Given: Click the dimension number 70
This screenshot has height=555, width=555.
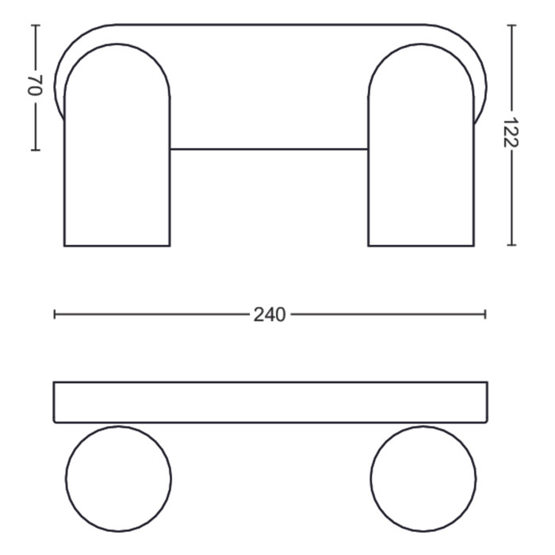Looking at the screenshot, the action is [35, 86].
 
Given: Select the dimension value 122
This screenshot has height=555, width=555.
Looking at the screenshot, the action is [511, 132].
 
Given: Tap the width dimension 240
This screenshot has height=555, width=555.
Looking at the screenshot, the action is [270, 315].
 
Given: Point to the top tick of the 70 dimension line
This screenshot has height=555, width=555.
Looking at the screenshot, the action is [36, 25].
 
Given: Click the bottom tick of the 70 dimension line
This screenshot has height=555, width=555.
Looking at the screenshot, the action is [36, 150].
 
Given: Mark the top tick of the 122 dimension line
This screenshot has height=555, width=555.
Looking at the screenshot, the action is [511, 25].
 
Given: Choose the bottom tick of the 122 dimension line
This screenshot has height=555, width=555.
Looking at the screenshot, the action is [511, 244].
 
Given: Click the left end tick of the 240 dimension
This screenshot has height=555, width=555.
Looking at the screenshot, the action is [55, 314].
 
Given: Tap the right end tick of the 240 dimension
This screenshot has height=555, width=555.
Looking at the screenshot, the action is [485, 314].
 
